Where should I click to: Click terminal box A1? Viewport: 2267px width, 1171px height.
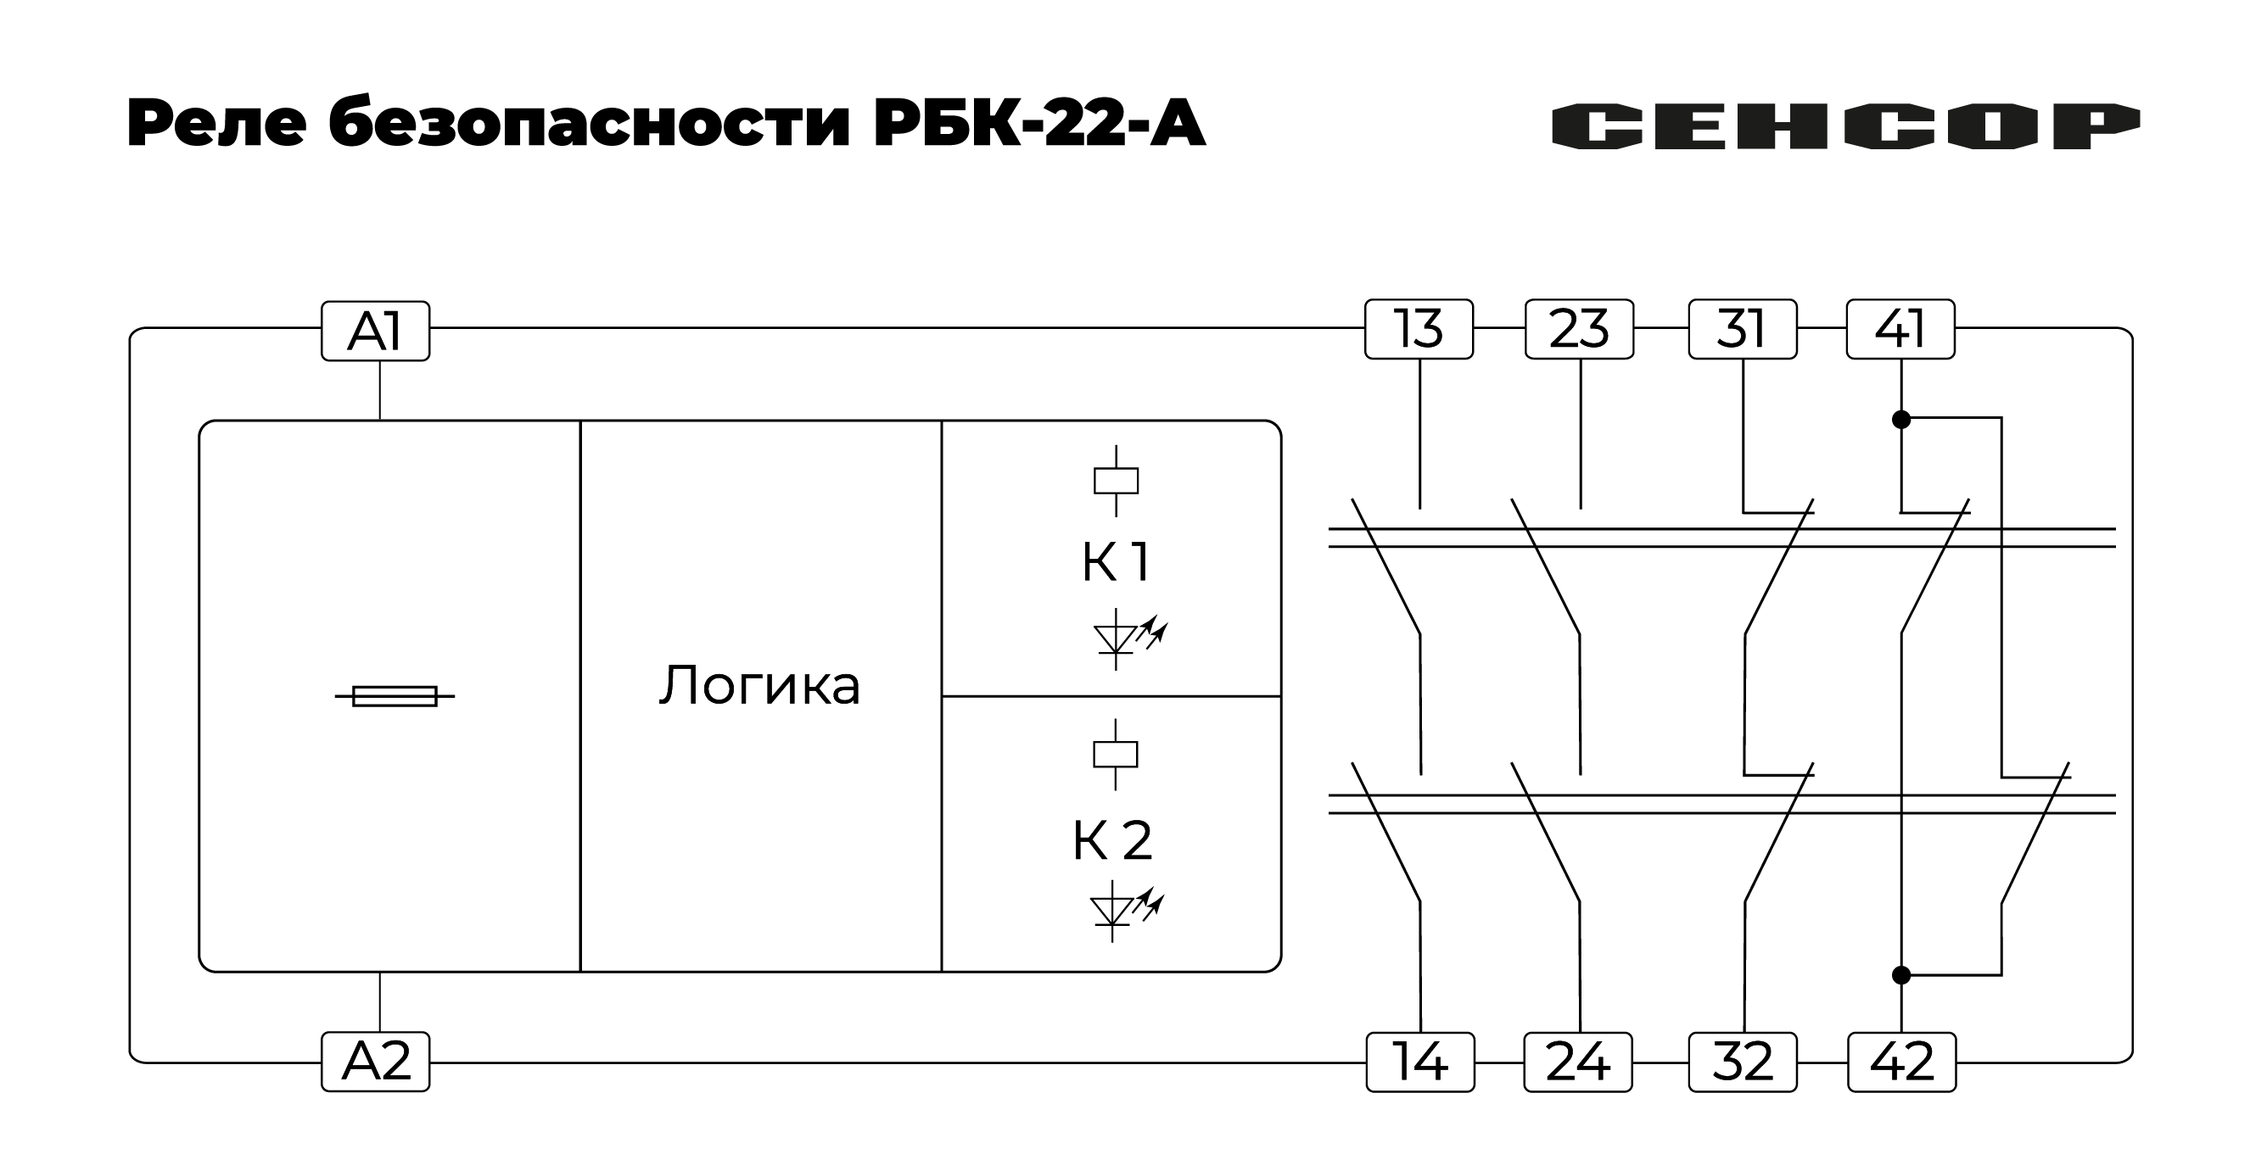click(x=375, y=332)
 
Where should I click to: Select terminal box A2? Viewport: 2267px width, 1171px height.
click(x=375, y=1061)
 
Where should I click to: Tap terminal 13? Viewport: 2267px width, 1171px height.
click(x=1418, y=329)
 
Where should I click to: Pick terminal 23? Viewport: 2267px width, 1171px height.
click(x=1579, y=329)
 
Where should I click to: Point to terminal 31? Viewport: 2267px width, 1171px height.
click(x=1742, y=329)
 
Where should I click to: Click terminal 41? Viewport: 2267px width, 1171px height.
click(x=1900, y=329)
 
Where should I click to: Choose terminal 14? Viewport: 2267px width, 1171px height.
click(x=1419, y=1062)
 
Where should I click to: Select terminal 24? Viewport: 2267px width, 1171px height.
click(x=1577, y=1062)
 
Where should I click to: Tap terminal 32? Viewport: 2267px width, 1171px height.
click(x=1742, y=1062)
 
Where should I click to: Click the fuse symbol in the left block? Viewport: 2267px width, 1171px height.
click(x=395, y=696)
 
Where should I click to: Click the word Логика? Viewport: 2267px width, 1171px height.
click(x=759, y=686)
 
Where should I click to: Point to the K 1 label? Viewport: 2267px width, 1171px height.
click(x=1115, y=561)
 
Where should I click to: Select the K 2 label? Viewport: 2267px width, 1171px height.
click(x=1111, y=840)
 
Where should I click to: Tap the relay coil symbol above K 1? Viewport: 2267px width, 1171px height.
click(x=1115, y=481)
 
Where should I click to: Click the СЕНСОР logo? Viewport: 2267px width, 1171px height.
click(x=1844, y=126)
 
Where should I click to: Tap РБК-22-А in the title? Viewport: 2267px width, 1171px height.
click(x=1038, y=124)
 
